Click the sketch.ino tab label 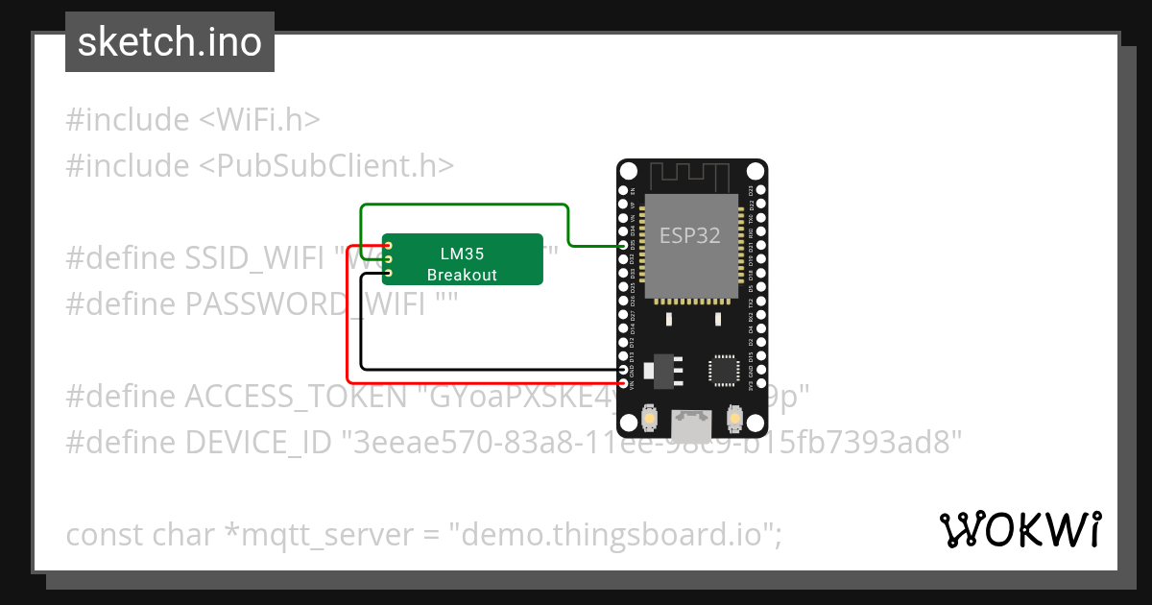(169, 42)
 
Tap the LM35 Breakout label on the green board (463, 264)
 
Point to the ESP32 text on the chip (689, 235)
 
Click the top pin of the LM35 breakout (389, 246)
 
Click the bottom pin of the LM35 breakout (389, 274)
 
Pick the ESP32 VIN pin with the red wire (625, 384)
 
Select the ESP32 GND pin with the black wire (625, 370)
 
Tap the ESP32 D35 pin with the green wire (625, 246)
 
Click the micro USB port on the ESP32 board (692, 419)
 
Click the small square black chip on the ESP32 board (724, 370)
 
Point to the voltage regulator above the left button (663, 369)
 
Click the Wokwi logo (1020, 529)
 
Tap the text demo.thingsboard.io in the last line (615, 534)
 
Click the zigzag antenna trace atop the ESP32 (691, 177)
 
